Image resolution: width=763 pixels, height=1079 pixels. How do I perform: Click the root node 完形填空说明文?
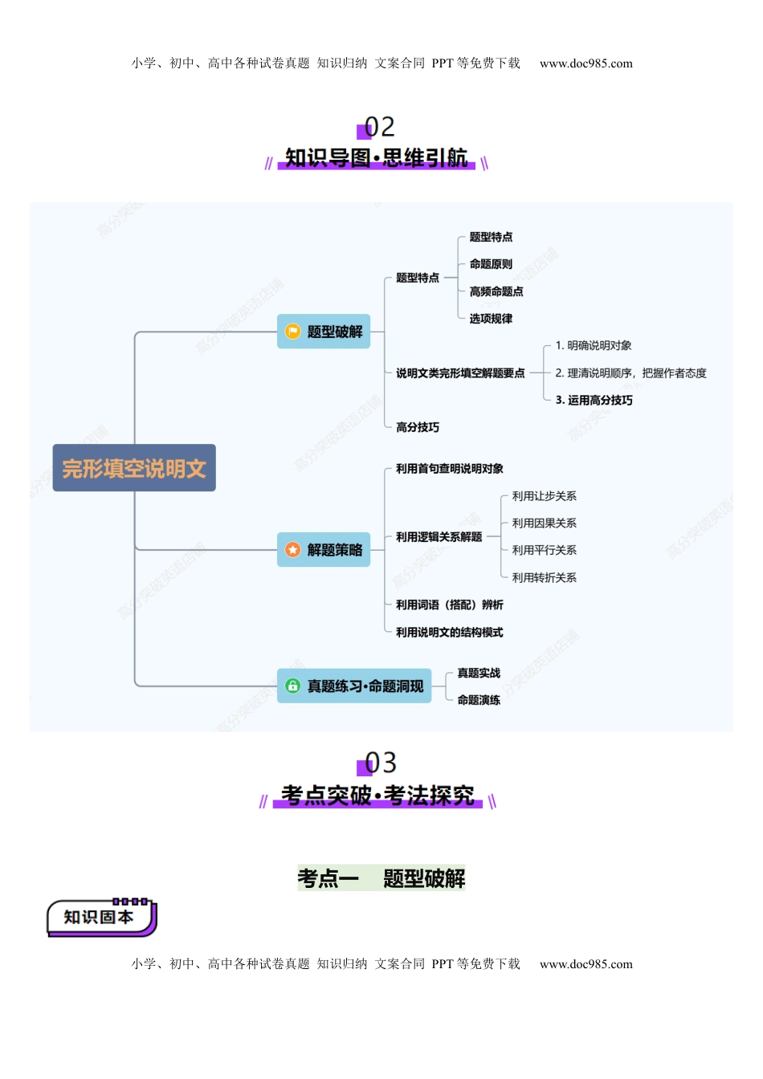point(134,468)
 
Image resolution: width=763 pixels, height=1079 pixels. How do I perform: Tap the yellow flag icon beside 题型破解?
point(292,332)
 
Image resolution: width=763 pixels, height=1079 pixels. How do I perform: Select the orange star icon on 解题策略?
point(292,550)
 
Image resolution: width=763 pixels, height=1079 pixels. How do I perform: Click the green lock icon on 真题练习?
point(292,686)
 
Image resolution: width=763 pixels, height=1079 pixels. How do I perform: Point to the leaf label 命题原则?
point(491,264)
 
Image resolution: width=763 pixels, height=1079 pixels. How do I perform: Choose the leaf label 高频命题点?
point(496,291)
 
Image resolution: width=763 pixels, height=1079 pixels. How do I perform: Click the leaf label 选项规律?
point(491,319)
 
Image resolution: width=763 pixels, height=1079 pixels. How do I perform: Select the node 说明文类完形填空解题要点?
point(460,373)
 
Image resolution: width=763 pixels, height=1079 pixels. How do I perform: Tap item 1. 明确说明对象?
point(594,346)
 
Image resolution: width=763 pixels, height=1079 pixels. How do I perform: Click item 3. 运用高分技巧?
point(594,401)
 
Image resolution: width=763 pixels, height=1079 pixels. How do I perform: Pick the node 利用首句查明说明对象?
point(450,469)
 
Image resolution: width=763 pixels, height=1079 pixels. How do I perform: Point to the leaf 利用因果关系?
point(544,523)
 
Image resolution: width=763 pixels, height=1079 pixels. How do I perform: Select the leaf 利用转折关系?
point(544,578)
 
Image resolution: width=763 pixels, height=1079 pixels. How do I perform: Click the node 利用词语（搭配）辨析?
point(450,605)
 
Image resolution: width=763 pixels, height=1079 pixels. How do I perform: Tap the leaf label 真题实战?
point(479,673)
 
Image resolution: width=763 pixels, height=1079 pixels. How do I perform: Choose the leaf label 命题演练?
point(479,700)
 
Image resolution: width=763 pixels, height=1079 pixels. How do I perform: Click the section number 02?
point(379,127)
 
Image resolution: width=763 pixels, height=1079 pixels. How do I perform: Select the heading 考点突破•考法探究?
point(377,796)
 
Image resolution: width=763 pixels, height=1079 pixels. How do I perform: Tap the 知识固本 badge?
point(100,918)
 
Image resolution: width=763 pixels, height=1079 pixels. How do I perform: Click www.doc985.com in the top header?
point(586,63)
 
